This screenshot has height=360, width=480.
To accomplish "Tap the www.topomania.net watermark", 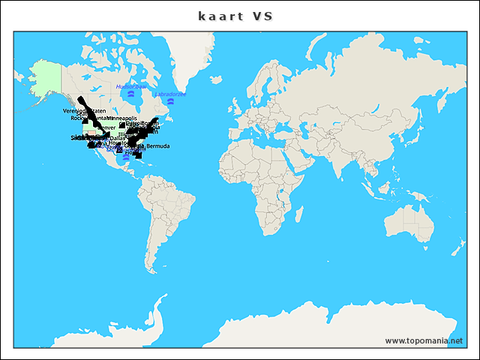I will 424,340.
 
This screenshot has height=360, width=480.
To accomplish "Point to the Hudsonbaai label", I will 130,87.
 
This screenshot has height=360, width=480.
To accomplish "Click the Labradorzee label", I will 170,94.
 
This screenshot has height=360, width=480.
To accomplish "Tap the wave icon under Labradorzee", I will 170,102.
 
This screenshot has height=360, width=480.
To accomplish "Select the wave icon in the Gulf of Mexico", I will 126,158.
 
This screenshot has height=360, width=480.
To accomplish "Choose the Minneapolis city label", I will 121,118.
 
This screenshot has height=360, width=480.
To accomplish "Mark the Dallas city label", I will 117,138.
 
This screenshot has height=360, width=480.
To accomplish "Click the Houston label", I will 118,143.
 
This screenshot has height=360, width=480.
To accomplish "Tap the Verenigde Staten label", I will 84,111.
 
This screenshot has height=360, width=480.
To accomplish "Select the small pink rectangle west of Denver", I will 91,131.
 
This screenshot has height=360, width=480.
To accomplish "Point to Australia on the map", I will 409,225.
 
